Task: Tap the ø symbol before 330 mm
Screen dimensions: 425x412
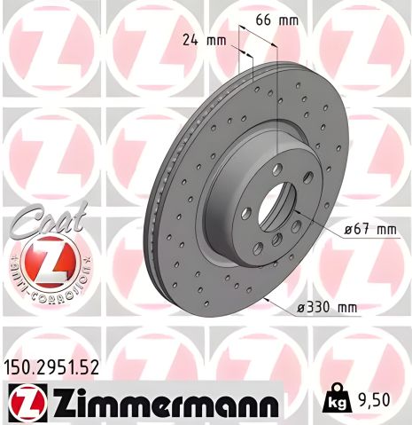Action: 302,308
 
